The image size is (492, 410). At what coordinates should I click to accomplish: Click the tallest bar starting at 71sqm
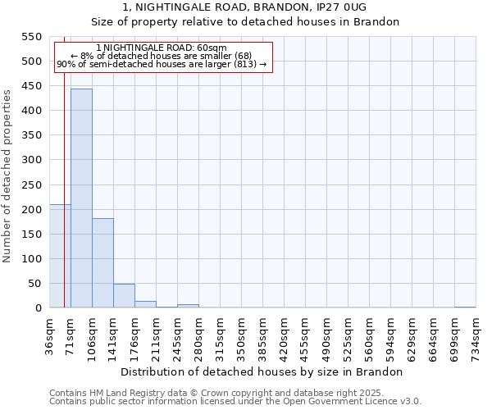tap(81, 198)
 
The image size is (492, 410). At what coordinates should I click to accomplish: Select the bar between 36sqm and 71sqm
tap(60, 256)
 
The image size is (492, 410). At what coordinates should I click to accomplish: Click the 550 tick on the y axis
tap(30, 37)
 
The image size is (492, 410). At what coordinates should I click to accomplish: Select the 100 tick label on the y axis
tap(30, 259)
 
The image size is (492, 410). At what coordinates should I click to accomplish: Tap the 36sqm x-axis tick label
tap(50, 335)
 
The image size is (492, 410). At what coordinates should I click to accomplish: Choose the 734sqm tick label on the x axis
tap(476, 335)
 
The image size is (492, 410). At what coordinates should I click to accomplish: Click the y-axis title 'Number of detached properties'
tap(8, 176)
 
